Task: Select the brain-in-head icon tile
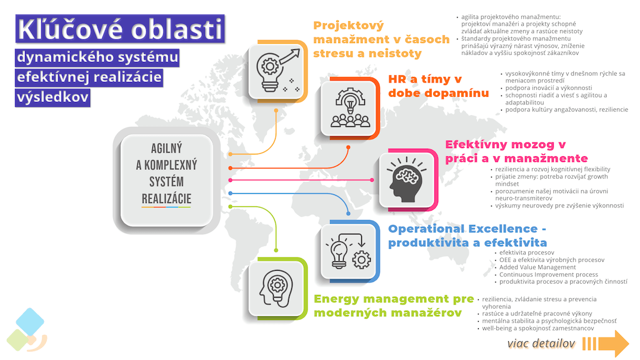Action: coord(406,179)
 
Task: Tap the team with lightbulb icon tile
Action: coord(350,108)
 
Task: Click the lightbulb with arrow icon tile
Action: coord(277,71)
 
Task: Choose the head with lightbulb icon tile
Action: coord(277,288)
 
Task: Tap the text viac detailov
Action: coord(541,344)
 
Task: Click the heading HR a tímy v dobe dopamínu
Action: coord(438,86)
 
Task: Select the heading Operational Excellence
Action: coord(467,236)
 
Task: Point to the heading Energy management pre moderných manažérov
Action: coord(394,306)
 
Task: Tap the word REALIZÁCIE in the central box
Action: coord(166,199)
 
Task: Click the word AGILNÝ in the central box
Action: coord(166,148)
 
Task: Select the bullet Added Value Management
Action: coord(537,267)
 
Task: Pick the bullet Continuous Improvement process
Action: coord(549,275)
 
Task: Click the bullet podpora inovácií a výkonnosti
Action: coord(549,87)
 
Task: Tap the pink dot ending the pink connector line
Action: coord(372,180)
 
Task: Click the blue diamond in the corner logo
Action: coord(30,322)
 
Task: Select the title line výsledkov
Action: coord(52,97)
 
